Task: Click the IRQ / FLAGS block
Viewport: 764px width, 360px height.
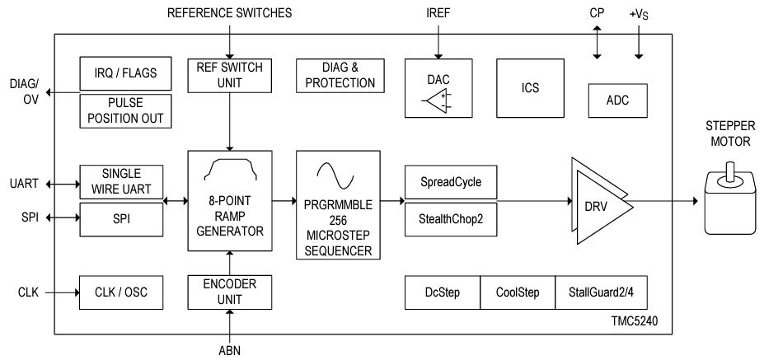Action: [x=126, y=74]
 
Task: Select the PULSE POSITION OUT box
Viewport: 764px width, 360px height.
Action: [x=126, y=111]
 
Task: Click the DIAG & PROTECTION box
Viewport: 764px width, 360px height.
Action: [x=337, y=75]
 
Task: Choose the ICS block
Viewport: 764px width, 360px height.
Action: [x=529, y=87]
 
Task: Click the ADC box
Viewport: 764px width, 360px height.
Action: [x=616, y=100]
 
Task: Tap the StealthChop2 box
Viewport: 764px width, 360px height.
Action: [x=451, y=220]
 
